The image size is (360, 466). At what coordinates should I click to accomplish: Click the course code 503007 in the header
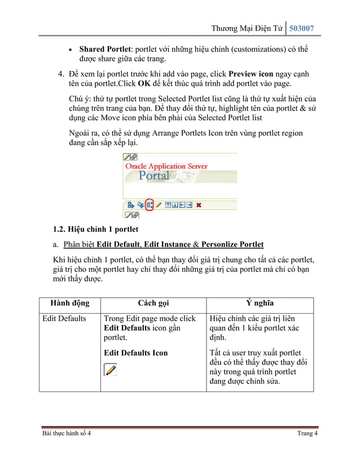pos(301,28)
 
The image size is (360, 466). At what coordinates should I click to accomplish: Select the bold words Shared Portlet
pos(104,50)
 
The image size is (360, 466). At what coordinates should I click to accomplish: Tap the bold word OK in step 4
pos(144,84)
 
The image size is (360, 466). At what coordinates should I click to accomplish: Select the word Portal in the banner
pos(154,175)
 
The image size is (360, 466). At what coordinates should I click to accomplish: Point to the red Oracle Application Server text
pos(166,166)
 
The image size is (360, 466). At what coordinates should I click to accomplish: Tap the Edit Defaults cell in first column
pos(64,319)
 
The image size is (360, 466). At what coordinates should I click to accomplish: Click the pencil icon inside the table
pos(111,370)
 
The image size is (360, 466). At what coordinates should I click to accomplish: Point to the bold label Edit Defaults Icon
pos(135,353)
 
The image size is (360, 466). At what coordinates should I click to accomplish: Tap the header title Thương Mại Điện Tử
pos(245,28)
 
